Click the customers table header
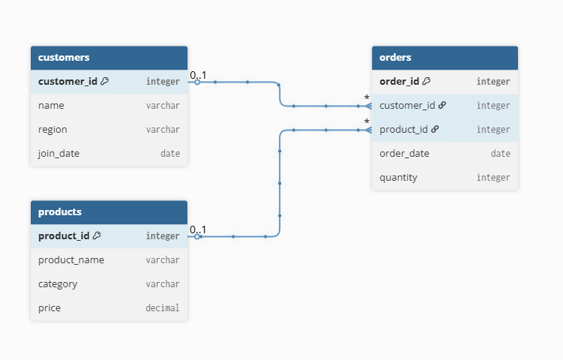pos(64,57)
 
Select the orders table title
pos(395,57)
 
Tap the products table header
pos(60,211)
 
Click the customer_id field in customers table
pos(67,81)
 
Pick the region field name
pos(53,129)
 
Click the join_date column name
pos(58,153)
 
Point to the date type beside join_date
pos(169,153)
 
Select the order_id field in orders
pos(399,81)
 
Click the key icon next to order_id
pos(427,81)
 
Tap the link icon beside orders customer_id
pos(442,105)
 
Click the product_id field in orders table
pos(403,129)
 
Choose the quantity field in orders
pos(398,177)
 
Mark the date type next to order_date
pos(500,153)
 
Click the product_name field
pos(71,259)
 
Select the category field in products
pos(58,283)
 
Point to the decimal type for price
pos(162,307)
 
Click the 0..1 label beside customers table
pos(198,75)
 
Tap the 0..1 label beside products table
pos(198,229)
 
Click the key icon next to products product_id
pos(97,235)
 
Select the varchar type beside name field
pos(163,105)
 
